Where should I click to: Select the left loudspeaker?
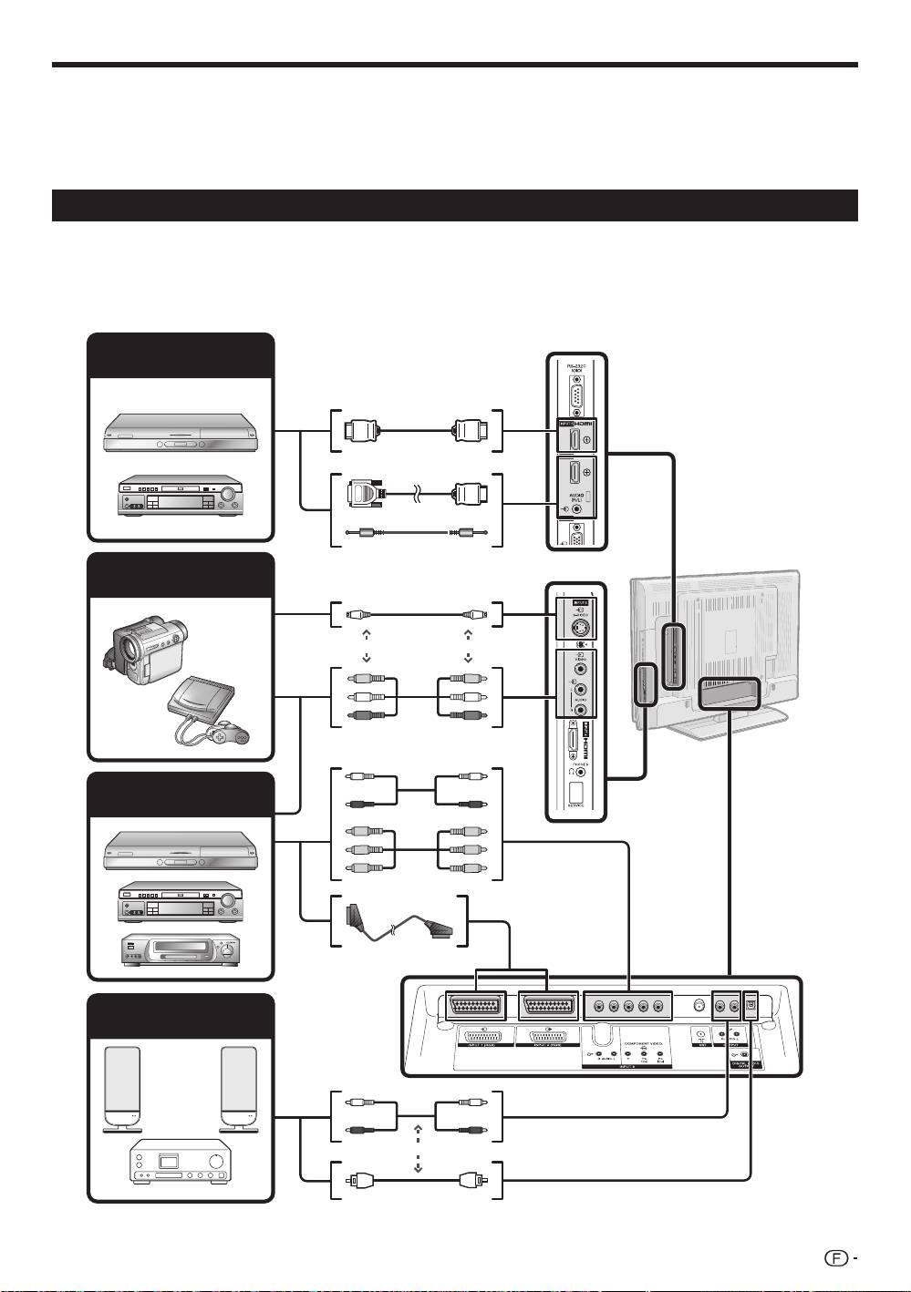point(122,1088)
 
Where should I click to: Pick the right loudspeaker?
point(239,1088)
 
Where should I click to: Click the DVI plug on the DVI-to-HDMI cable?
point(365,494)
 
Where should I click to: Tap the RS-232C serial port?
point(575,396)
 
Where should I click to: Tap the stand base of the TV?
point(712,724)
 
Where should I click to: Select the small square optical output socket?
point(751,1006)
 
